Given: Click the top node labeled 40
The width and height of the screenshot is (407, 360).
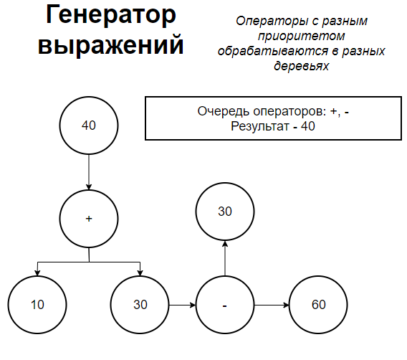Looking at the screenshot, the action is [89, 125].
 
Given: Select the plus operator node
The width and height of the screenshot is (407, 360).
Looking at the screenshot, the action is [89, 219].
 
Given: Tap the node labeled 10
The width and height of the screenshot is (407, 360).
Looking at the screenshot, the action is [37, 305].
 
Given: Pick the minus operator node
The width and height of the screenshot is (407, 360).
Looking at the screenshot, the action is [225, 305].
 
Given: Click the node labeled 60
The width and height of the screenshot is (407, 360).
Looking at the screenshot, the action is [318, 305].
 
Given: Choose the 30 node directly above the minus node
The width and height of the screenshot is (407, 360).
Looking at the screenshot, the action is [225, 212].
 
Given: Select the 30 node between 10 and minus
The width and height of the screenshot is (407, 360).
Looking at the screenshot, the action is [140, 305].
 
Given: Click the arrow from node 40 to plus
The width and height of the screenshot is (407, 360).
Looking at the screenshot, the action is [89, 172].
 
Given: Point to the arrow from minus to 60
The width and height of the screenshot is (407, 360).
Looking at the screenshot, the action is [272, 305].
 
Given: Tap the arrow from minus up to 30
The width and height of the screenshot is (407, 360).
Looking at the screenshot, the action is [225, 258].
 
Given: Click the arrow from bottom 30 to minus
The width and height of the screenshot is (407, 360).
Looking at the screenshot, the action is [183, 305].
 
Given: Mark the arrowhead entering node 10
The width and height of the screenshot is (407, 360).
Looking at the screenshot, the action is [37, 273].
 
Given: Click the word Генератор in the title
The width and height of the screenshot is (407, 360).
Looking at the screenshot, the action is [111, 15].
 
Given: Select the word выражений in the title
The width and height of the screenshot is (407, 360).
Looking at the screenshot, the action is [111, 45].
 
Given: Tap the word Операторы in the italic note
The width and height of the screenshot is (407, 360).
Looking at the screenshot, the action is [272, 22].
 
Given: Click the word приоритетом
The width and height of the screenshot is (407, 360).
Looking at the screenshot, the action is [302, 37].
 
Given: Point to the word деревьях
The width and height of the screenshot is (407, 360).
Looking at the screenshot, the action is [302, 66].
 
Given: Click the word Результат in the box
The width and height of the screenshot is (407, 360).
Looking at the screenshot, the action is [260, 126].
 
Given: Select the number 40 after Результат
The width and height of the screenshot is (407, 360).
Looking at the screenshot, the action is [308, 126].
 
